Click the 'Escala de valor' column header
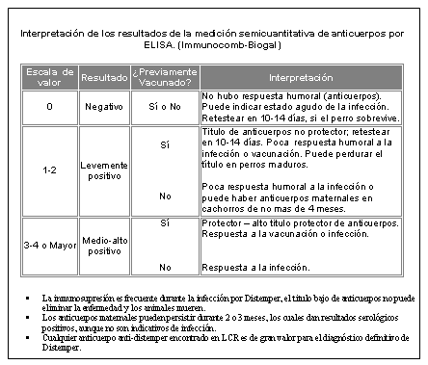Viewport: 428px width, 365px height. (x=49, y=75)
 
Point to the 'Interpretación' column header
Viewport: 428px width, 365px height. (x=306, y=75)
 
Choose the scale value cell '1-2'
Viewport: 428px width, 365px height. (x=49, y=169)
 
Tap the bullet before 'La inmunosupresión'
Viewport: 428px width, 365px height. (x=30, y=300)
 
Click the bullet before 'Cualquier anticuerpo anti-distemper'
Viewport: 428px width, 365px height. (x=30, y=333)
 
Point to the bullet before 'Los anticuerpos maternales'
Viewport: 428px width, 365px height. (x=30, y=317)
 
